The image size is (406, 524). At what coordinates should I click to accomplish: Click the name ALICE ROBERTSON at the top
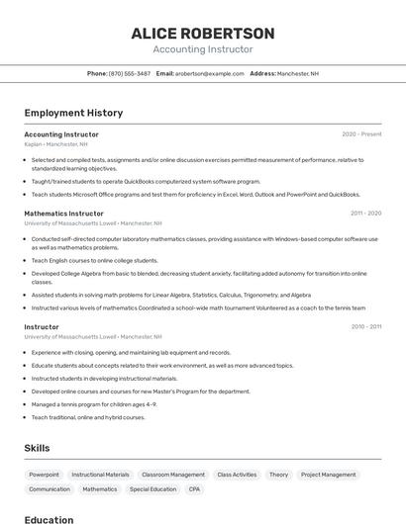tap(203, 34)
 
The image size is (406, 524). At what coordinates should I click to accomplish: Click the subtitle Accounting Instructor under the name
tap(203, 49)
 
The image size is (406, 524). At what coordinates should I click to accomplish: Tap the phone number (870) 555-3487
tap(130, 73)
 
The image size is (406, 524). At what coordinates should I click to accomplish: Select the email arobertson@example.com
tap(210, 73)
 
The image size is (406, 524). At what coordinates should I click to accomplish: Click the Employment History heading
tap(73, 113)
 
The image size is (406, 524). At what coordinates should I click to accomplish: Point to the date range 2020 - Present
tap(361, 134)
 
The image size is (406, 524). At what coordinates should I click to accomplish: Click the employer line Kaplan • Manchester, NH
tap(56, 144)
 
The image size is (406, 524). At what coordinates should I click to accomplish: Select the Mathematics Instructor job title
tap(63, 214)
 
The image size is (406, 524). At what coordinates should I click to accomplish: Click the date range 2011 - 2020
tap(365, 214)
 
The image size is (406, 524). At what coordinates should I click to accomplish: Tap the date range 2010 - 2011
tap(365, 326)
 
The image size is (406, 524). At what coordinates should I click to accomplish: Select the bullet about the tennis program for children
tap(94, 404)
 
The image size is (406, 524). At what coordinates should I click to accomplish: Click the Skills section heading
tap(37, 448)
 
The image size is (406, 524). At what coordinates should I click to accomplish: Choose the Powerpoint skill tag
tap(44, 475)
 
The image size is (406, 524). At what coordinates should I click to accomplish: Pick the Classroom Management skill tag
tap(173, 475)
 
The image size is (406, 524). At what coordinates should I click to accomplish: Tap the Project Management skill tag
tap(328, 475)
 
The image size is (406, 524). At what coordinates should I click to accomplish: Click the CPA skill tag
tap(194, 489)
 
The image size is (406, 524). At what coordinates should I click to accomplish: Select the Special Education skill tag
tap(152, 489)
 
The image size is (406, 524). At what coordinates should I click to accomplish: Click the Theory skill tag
tap(278, 475)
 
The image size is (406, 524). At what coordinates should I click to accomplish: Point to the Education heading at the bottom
tap(49, 520)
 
